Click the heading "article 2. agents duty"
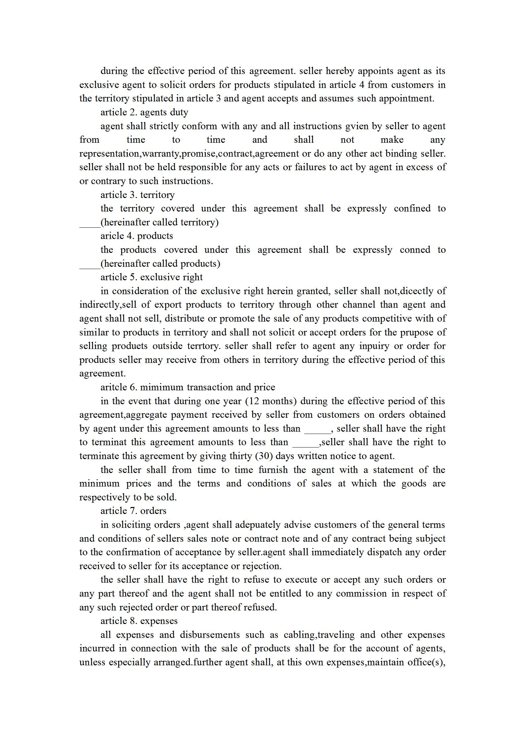pos(144,112)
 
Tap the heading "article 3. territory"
pos(137,195)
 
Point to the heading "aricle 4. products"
pos(137,236)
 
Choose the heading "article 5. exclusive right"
pos(152,277)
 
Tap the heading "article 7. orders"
pos(133,511)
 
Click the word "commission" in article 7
pos(361,594)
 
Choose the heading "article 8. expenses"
pos(139,621)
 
